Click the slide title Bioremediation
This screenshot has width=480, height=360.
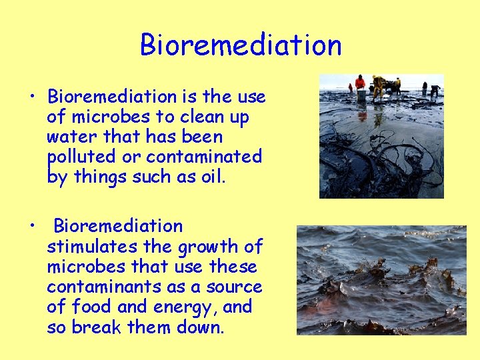pos(241,45)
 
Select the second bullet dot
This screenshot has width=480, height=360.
pos(32,226)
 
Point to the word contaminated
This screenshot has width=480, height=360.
pos(204,157)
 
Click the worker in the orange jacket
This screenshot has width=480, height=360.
pos(360,84)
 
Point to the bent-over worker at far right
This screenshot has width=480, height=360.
pos(435,89)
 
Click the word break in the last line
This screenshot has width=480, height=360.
pos(92,327)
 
